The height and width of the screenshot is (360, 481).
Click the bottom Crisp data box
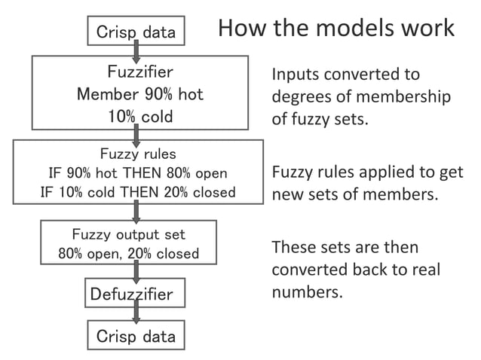point(136,336)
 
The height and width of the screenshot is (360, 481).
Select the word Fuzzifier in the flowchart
point(140,73)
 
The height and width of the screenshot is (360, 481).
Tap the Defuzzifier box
point(132,294)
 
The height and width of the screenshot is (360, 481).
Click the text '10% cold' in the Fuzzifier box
point(140,117)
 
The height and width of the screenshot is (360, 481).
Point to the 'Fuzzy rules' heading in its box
point(138,154)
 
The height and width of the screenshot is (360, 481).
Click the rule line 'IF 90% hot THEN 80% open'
point(138,173)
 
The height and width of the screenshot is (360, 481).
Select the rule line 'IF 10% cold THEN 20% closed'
point(138,192)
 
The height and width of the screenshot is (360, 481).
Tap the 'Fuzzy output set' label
point(128,234)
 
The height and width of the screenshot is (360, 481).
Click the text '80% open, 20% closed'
point(129,253)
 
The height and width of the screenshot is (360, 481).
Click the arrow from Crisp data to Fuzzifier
point(136,50)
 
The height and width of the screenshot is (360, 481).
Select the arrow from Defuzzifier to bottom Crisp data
point(136,315)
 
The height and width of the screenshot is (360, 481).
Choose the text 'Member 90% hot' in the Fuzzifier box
point(140,95)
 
